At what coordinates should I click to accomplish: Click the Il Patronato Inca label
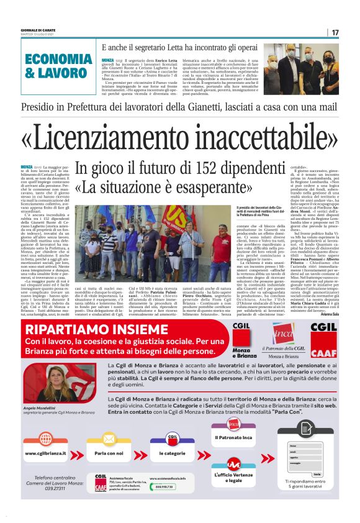pos(233,437)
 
